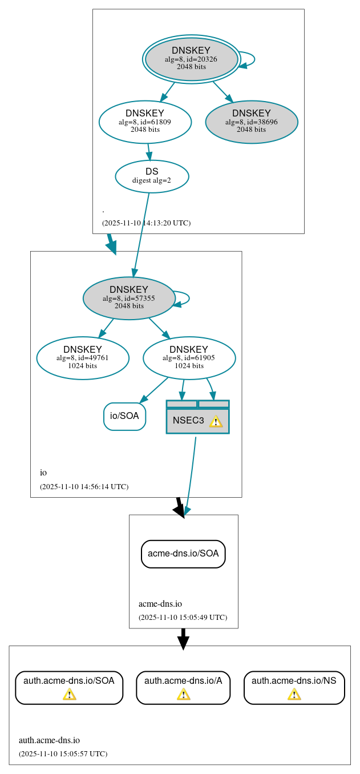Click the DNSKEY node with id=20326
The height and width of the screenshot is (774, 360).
[x=191, y=59]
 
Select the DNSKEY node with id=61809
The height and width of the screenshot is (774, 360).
[x=145, y=122]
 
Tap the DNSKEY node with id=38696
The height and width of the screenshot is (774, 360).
[x=251, y=122]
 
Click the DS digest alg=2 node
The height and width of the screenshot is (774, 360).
[x=152, y=176]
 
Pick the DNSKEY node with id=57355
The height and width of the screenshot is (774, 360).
[x=129, y=298]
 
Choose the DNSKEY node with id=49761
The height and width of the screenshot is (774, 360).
[x=83, y=358]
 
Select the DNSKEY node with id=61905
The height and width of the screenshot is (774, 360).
[x=189, y=358]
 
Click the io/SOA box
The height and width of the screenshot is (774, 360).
[x=124, y=416]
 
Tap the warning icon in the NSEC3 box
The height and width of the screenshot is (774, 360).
[x=216, y=421]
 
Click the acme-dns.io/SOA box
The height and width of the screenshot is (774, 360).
[x=183, y=554]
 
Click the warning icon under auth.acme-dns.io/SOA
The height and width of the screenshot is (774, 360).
[x=69, y=694]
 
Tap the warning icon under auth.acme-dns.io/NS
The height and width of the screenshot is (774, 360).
[x=294, y=694]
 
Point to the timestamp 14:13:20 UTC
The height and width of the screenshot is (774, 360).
[x=146, y=223]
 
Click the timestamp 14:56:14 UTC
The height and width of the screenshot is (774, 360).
[x=84, y=487]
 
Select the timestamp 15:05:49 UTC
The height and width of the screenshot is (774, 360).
[x=183, y=618]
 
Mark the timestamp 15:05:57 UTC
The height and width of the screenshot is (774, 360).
[x=63, y=754]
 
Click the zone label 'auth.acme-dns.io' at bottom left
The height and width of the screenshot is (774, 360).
[x=49, y=741]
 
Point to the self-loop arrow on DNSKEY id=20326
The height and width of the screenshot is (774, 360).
[x=249, y=59]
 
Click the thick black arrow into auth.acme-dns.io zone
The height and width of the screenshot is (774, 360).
[x=183, y=639]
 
